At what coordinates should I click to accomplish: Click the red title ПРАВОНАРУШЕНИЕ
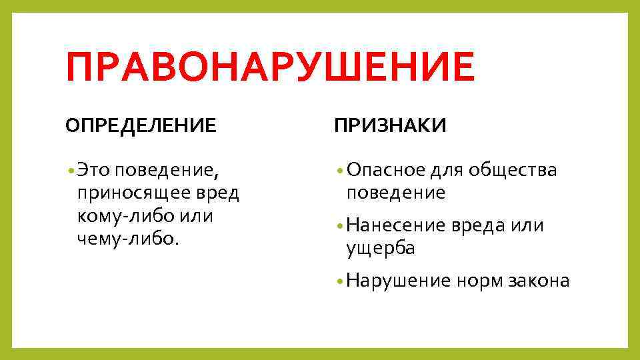(x=270, y=69)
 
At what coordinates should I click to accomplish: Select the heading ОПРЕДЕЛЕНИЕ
(x=141, y=125)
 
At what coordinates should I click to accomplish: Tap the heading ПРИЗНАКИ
(x=391, y=125)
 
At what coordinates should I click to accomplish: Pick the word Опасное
(x=385, y=171)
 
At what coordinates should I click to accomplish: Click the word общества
(x=511, y=171)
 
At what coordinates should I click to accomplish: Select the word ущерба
(x=381, y=249)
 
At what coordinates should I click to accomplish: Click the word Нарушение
(x=399, y=281)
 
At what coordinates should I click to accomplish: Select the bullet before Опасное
(x=340, y=171)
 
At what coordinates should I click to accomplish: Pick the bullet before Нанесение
(x=340, y=226)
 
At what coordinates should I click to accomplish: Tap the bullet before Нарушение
(x=340, y=281)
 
